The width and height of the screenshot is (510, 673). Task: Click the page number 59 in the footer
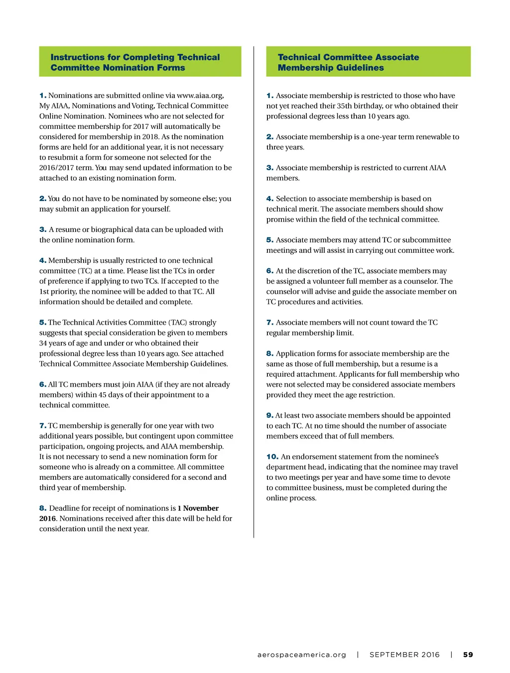[468, 655]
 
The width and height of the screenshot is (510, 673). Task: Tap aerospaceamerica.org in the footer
[301, 655]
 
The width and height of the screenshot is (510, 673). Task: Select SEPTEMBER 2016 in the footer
[404, 655]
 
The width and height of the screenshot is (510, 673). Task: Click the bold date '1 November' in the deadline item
[198, 508]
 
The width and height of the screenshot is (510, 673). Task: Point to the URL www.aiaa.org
[200, 96]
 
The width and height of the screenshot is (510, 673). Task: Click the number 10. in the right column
[272, 456]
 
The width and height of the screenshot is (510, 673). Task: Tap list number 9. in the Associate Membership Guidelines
[270, 415]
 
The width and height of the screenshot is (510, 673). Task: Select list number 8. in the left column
[43, 508]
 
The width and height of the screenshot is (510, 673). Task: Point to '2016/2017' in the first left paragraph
[56, 168]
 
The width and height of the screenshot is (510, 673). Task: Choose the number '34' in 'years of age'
[44, 343]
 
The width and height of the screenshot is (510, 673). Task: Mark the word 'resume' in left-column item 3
[67, 229]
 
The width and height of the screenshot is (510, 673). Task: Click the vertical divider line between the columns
[254, 299]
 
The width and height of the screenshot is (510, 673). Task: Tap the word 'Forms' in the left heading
[170, 68]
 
